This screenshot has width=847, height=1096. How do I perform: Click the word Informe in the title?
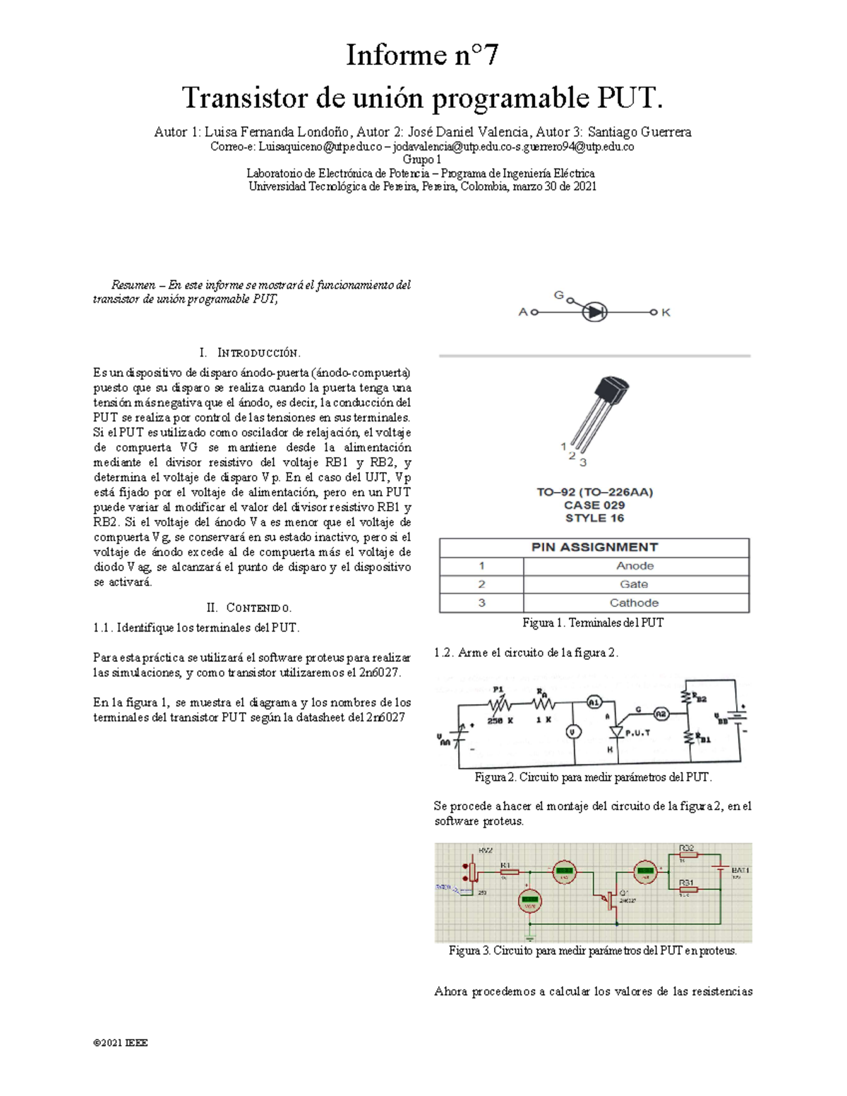tap(387, 55)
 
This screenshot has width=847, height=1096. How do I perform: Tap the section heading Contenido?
tap(258, 608)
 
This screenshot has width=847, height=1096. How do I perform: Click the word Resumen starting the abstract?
tap(133, 285)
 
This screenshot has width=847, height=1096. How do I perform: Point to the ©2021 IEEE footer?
tap(120, 1042)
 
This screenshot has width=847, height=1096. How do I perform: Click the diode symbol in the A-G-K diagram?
tap(594, 311)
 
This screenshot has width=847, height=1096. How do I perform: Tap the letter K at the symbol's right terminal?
tap(666, 312)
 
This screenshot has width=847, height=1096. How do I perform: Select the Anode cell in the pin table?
tap(635, 566)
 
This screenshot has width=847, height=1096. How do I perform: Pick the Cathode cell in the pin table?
tap(634, 603)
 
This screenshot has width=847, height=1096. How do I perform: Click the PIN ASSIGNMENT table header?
tap(594, 547)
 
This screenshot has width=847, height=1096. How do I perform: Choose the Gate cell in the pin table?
tap(634, 584)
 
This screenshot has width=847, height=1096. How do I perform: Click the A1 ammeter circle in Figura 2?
tap(594, 702)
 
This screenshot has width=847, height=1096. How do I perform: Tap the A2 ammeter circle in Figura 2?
tap(661, 714)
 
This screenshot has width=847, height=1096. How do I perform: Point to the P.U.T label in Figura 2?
tap(637, 733)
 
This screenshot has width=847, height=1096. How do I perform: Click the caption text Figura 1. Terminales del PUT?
tap(593, 622)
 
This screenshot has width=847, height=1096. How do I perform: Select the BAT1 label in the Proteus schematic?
tap(740, 870)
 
